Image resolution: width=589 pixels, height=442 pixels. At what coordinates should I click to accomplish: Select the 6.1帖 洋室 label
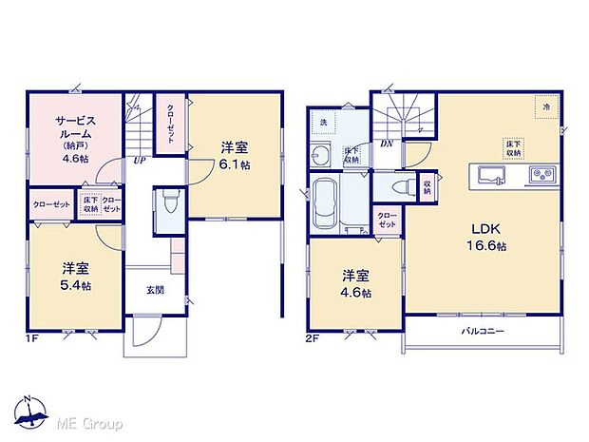pyautogui.click(x=236, y=154)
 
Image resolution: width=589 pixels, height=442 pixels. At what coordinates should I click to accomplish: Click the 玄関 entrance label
pyautogui.click(x=155, y=290)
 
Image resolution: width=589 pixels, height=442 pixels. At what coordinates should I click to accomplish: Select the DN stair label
pyautogui.click(x=387, y=144)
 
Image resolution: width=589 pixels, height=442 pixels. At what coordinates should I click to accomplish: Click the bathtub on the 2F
pyautogui.click(x=326, y=201)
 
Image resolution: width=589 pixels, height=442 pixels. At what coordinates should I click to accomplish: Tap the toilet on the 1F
pyautogui.click(x=169, y=202)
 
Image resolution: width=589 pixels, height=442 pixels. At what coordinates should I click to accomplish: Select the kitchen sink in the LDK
pyautogui.click(x=491, y=174)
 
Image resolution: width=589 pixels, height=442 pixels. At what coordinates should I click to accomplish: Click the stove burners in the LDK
pyautogui.click(x=542, y=174)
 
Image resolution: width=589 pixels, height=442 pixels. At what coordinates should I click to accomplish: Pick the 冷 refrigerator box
pyautogui.click(x=546, y=108)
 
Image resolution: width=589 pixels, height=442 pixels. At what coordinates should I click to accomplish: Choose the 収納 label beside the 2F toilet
pyautogui.click(x=427, y=184)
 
